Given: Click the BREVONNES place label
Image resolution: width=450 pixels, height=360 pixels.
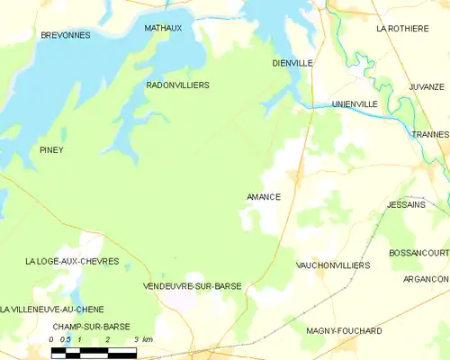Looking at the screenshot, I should point(66,34).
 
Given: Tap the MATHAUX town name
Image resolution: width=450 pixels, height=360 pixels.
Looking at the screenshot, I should point(163,28).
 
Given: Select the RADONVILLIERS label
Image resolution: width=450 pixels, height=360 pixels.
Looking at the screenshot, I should point(177,85).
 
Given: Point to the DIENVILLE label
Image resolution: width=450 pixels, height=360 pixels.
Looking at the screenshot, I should point(292,63).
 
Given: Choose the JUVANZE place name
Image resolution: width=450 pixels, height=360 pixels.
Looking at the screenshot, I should point(427,86).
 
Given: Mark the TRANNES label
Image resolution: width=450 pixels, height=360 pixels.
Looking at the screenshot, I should point(430,134).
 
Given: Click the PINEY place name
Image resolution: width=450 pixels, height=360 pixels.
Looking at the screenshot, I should point(51,149).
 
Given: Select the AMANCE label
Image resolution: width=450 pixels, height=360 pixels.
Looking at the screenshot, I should point(263,197).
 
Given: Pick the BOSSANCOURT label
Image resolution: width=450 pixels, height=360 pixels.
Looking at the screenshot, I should point(418,254).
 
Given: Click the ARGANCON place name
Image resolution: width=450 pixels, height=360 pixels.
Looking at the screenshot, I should point(427,279).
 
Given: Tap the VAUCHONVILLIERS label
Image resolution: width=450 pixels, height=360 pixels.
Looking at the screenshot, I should point(332,265).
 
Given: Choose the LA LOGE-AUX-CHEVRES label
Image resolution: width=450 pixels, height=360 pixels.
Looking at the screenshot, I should point(72,261).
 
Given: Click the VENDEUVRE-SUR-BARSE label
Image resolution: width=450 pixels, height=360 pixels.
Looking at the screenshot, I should point(192,285).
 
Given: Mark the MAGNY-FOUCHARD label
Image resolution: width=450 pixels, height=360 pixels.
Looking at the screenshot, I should point(345,331).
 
